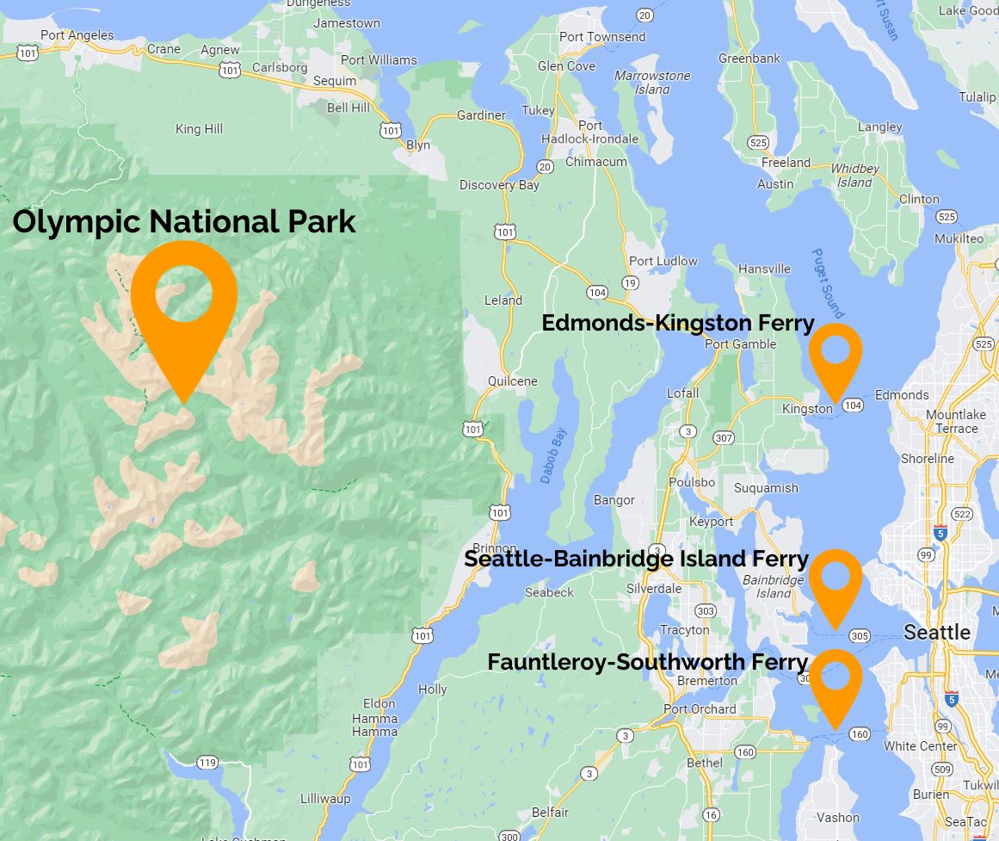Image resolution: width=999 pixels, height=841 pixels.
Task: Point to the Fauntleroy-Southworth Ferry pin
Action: [x=836, y=679]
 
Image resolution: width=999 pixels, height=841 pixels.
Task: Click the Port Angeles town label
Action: [x=77, y=35]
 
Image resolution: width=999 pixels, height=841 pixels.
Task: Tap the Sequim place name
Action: [x=335, y=81]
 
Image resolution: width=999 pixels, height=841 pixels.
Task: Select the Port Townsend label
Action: [x=602, y=37]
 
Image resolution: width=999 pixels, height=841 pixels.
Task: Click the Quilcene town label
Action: [x=512, y=381]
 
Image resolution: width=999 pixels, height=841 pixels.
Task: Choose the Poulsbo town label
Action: [x=692, y=483]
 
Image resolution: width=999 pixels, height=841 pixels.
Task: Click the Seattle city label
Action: [x=937, y=633]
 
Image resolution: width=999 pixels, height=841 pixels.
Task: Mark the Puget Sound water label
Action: [x=828, y=284]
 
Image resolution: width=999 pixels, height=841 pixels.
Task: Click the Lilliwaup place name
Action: [x=325, y=799]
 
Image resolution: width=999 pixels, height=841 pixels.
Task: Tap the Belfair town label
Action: [x=550, y=813]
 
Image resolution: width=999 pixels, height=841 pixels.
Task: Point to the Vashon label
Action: [x=837, y=818]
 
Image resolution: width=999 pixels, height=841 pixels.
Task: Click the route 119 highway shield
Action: [x=207, y=763]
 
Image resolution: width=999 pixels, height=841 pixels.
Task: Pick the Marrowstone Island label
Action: [x=652, y=83]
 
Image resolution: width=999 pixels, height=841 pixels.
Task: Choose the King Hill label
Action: [x=199, y=129]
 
